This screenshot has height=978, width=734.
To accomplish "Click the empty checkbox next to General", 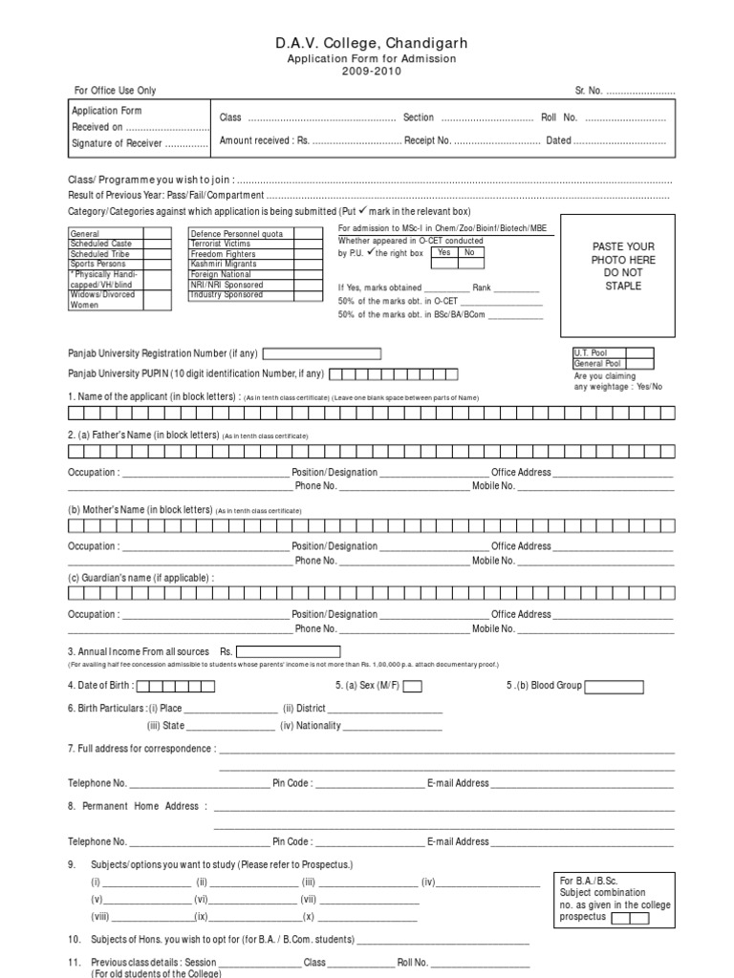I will coord(157,233).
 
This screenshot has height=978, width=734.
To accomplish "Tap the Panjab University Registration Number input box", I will coord(320,353).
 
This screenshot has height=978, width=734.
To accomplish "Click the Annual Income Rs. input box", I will coord(287,652).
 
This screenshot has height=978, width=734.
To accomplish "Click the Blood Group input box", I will coord(622,686).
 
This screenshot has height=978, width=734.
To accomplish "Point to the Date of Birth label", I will coord(100,686).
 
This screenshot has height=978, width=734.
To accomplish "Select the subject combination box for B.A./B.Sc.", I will coord(629,918).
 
